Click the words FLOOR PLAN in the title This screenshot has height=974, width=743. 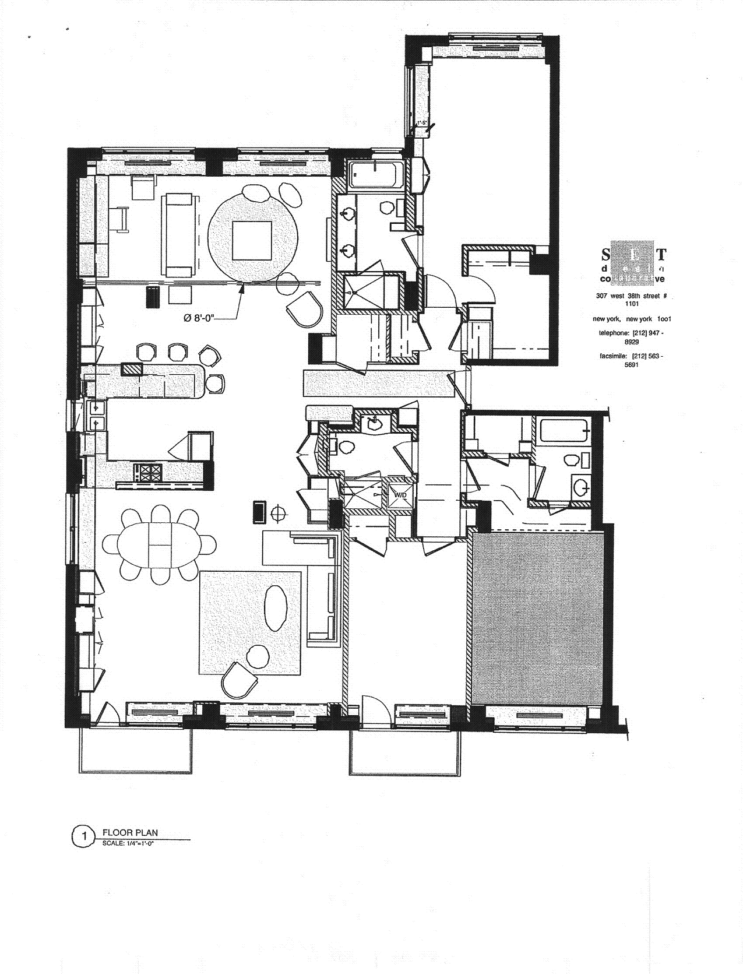click(130, 833)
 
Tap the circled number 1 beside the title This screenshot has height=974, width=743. click(84, 836)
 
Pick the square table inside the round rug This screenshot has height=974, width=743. click(252, 240)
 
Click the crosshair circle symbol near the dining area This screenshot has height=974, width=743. click(280, 513)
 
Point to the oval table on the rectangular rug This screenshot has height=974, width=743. click(276, 607)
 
